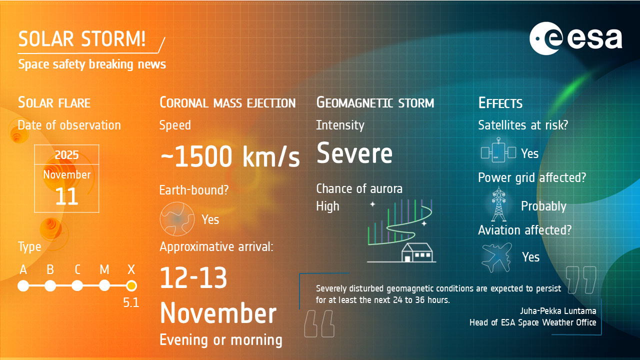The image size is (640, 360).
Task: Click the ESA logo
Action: pyautogui.click(x=575, y=38)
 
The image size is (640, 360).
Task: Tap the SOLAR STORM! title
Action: pyautogui.click(x=82, y=39)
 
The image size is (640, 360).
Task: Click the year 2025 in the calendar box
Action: pyautogui.click(x=66, y=155)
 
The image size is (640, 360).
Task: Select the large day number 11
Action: pyautogui.click(x=66, y=196)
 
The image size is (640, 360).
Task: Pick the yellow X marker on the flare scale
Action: pyautogui.click(x=131, y=285)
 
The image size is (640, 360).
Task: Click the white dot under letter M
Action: pyautogui.click(x=104, y=285)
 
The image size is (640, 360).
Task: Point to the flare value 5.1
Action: pyautogui.click(x=131, y=302)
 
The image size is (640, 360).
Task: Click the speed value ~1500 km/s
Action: pyautogui.click(x=230, y=156)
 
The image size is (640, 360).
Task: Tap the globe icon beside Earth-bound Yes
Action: pyautogui.click(x=177, y=219)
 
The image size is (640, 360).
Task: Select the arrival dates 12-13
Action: pyautogui.click(x=193, y=277)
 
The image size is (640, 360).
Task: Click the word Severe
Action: pyautogui.click(x=354, y=153)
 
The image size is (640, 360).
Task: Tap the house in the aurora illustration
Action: pyautogui.click(x=417, y=252)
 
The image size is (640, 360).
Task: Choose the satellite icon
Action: pyautogui.click(x=498, y=150)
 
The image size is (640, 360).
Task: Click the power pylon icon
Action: pyautogui.click(x=498, y=204)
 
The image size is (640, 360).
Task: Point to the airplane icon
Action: pyautogui.click(x=496, y=257)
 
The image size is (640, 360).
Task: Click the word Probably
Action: pyautogui.click(x=543, y=206)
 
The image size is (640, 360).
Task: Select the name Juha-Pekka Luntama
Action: pyautogui.click(x=558, y=311)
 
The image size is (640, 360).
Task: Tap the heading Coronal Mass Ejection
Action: pyautogui.click(x=227, y=102)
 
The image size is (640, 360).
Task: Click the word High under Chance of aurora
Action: pyautogui.click(x=327, y=206)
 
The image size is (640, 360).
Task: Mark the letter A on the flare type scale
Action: pyautogui.click(x=23, y=269)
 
